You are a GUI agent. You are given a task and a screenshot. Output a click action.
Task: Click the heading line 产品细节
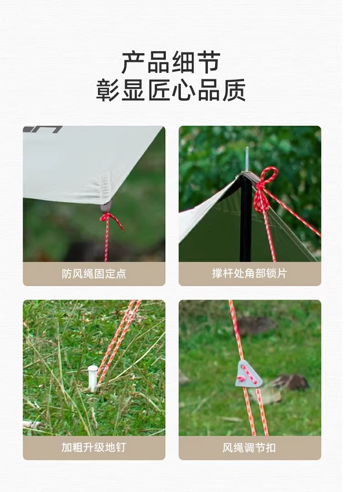(171, 63)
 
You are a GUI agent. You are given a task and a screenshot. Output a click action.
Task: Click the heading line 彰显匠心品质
(171, 90)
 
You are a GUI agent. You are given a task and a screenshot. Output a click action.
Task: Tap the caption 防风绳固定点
(94, 274)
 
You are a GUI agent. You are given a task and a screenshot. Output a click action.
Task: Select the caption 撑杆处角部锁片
(250, 273)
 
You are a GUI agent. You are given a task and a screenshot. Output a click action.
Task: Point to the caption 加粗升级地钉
(93, 447)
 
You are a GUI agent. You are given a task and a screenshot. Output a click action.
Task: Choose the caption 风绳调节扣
(249, 447)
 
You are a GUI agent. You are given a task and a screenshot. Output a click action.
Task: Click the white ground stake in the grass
(93, 378)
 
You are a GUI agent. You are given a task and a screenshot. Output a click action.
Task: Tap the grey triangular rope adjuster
(248, 374)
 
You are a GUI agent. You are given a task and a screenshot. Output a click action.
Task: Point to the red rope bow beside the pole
(265, 190)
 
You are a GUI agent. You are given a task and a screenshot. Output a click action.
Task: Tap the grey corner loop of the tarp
(106, 207)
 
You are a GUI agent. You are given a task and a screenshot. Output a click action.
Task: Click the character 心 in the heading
(184, 90)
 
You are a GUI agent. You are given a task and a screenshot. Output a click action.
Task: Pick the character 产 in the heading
(133, 63)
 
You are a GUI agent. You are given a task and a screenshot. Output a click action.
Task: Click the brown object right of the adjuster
(290, 382)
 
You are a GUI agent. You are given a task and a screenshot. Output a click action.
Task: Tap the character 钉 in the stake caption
(120, 447)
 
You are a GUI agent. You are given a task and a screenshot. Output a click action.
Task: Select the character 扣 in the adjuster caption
(271, 447)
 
